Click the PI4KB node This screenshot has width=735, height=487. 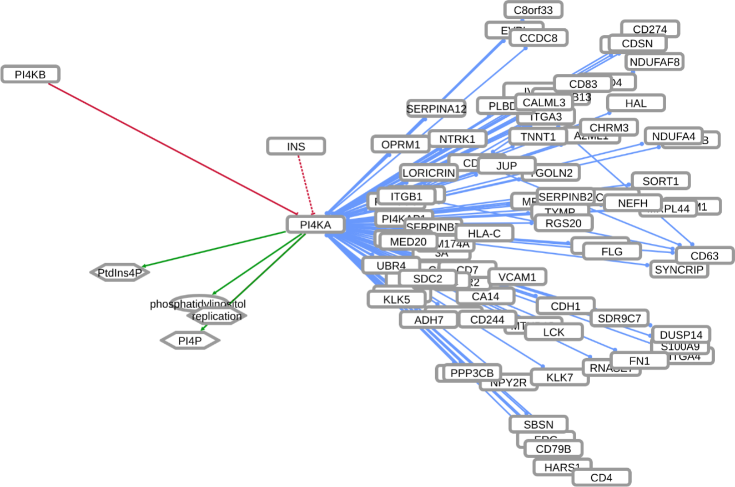(31, 74)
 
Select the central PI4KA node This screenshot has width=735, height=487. (315, 224)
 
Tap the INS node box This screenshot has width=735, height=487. (296, 147)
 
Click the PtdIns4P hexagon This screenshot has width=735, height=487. (120, 273)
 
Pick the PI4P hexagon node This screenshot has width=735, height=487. (190, 340)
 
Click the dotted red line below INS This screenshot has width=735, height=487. (305, 184)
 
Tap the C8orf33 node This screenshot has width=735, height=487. (533, 9)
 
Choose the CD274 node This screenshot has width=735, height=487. (650, 29)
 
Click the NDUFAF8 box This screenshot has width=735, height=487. (655, 61)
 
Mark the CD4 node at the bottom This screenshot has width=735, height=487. (601, 478)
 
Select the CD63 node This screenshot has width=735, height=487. (704, 255)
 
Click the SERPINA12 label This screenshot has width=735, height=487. (436, 109)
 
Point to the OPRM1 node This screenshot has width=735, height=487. (400, 144)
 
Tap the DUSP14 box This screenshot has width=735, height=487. (681, 335)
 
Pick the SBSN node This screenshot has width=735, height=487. (538, 424)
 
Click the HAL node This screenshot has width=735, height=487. (636, 103)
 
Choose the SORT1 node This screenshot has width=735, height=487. (660, 180)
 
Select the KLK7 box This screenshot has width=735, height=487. (560, 378)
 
